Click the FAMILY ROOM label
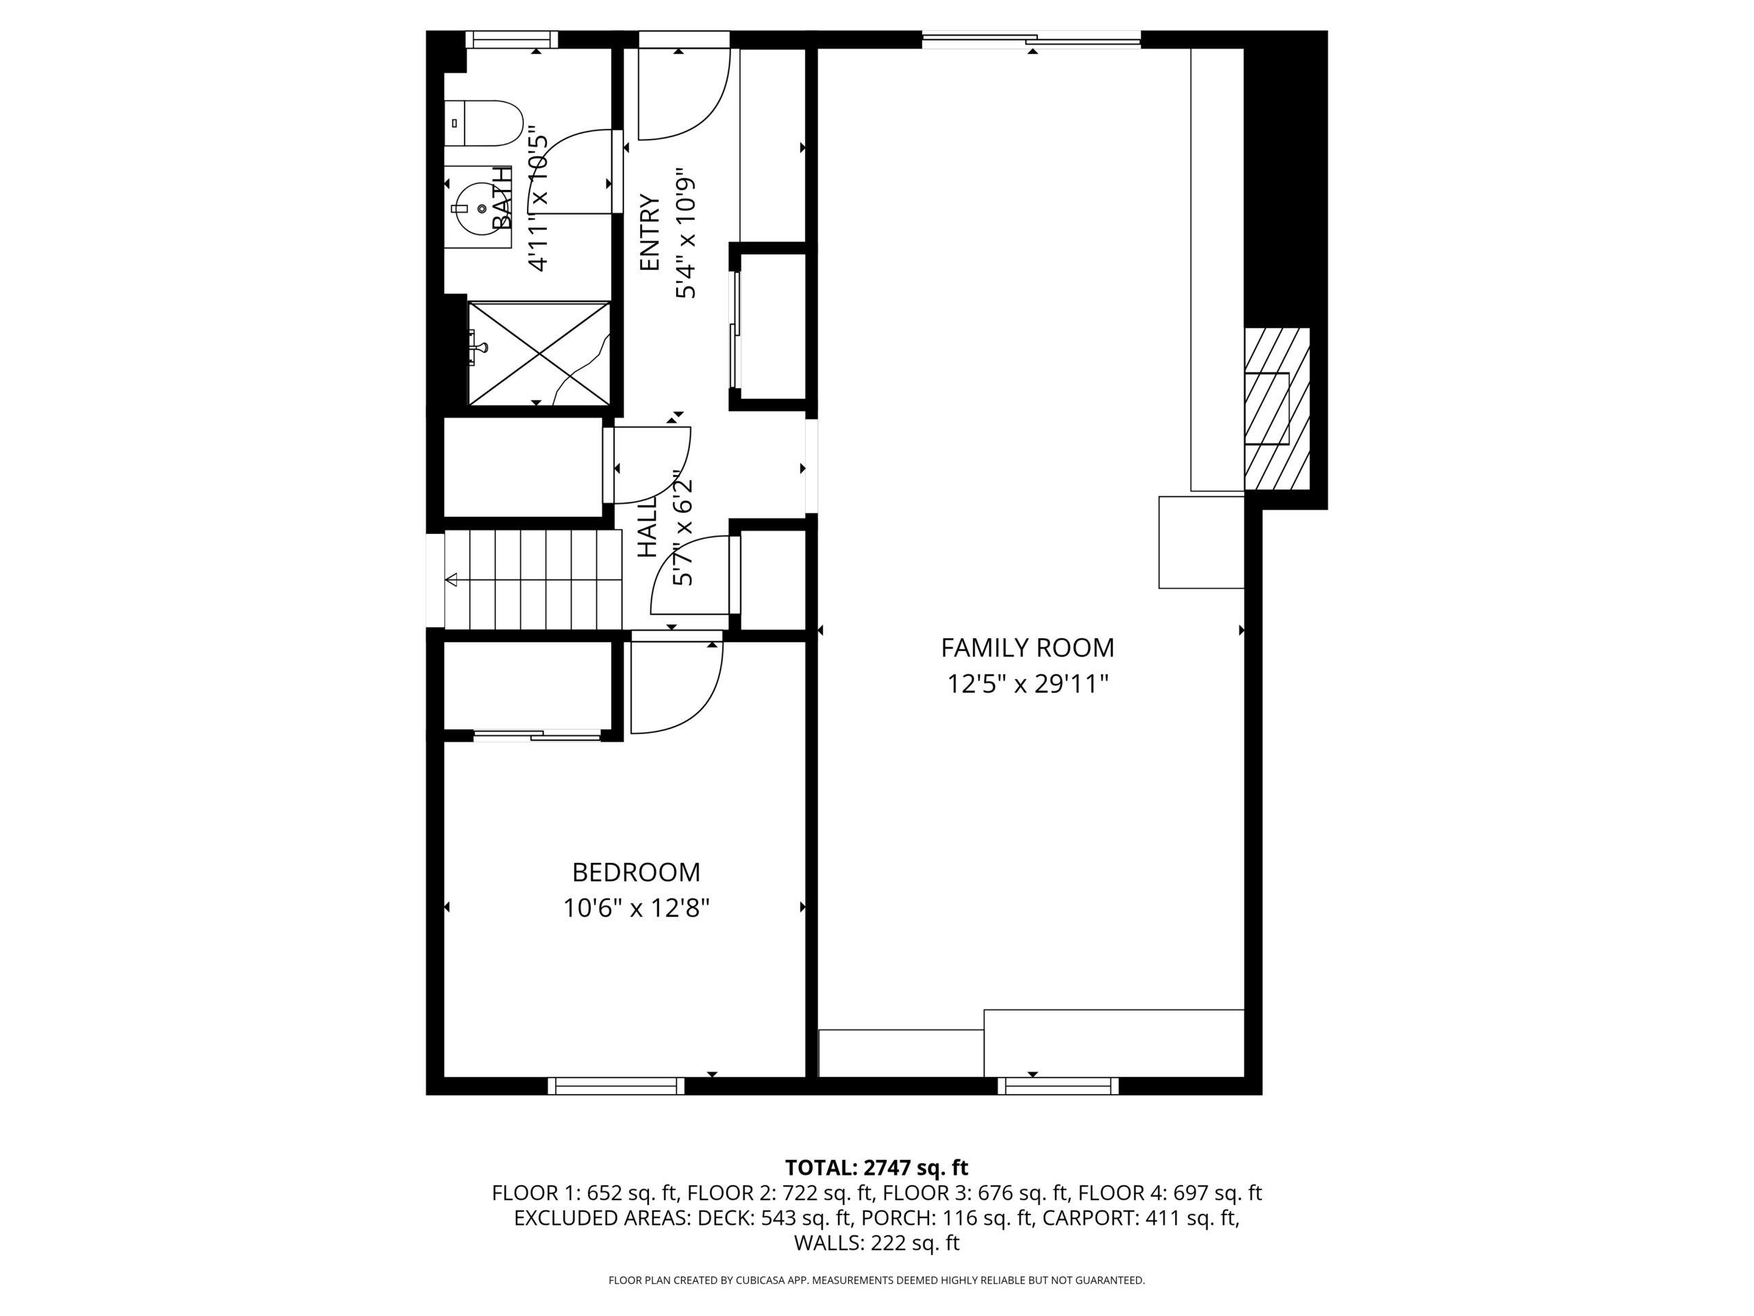tap(1027, 648)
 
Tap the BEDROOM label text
tap(636, 873)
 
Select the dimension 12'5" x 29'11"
tap(1027, 684)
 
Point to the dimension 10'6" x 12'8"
tap(636, 907)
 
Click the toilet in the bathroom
tap(483, 123)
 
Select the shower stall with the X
tap(539, 353)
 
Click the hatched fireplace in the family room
tap(1276, 409)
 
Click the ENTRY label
tap(650, 232)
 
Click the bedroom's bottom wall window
tap(616, 1086)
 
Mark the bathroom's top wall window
tap(511, 40)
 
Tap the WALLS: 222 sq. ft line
tap(876, 1243)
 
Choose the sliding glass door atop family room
tap(1032, 39)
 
